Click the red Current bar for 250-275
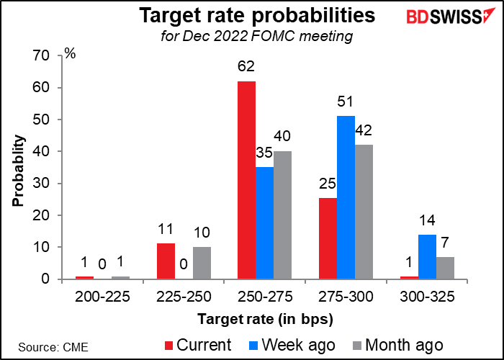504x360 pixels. click(246, 180)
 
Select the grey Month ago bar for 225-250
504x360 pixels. click(202, 264)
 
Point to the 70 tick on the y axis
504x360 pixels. click(41, 56)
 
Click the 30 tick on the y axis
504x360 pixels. click(41, 184)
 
